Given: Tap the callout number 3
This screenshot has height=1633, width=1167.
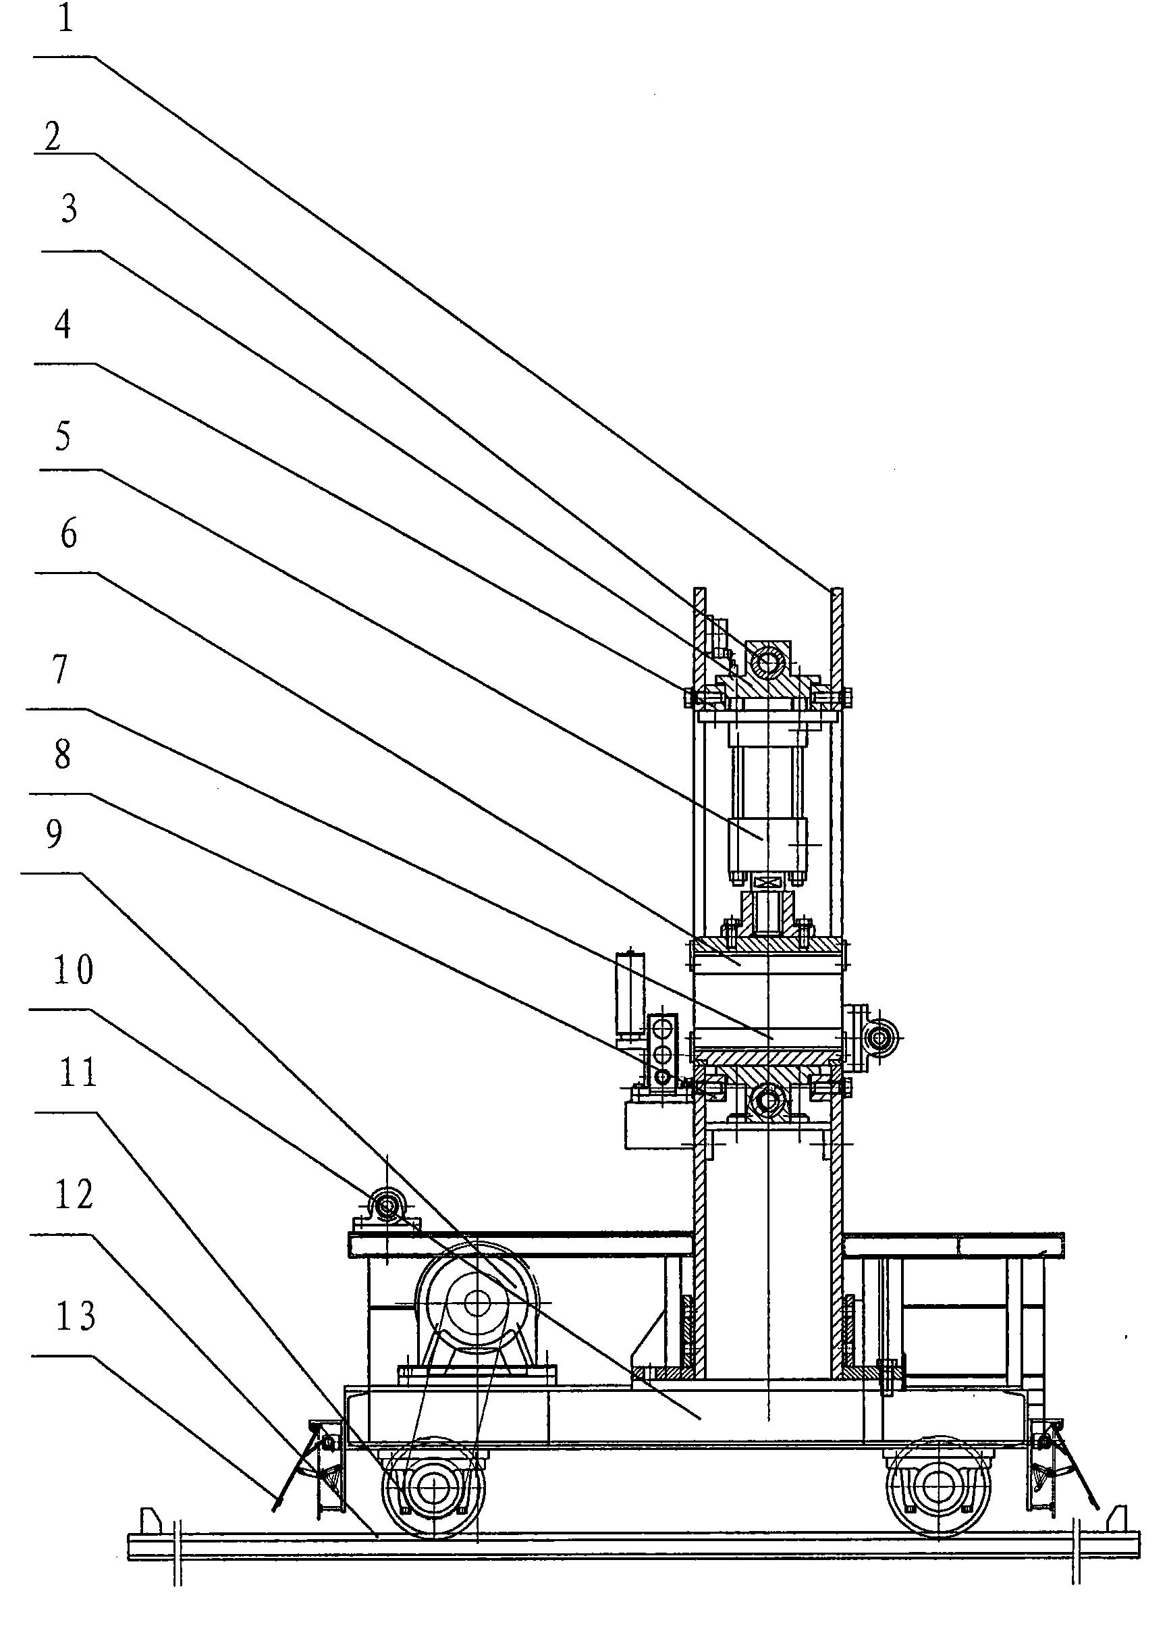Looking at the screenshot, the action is (x=69, y=209).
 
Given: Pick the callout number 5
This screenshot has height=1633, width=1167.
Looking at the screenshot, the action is (x=63, y=436).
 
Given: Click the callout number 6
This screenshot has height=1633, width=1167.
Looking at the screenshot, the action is (x=68, y=535).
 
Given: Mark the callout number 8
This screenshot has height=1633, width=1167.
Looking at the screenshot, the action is (x=63, y=756).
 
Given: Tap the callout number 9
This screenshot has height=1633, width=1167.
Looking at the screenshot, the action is (x=54, y=834).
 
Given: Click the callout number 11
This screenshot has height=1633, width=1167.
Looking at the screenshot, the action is (x=78, y=1073).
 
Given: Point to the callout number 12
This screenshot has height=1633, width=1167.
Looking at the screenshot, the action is (x=74, y=1195).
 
